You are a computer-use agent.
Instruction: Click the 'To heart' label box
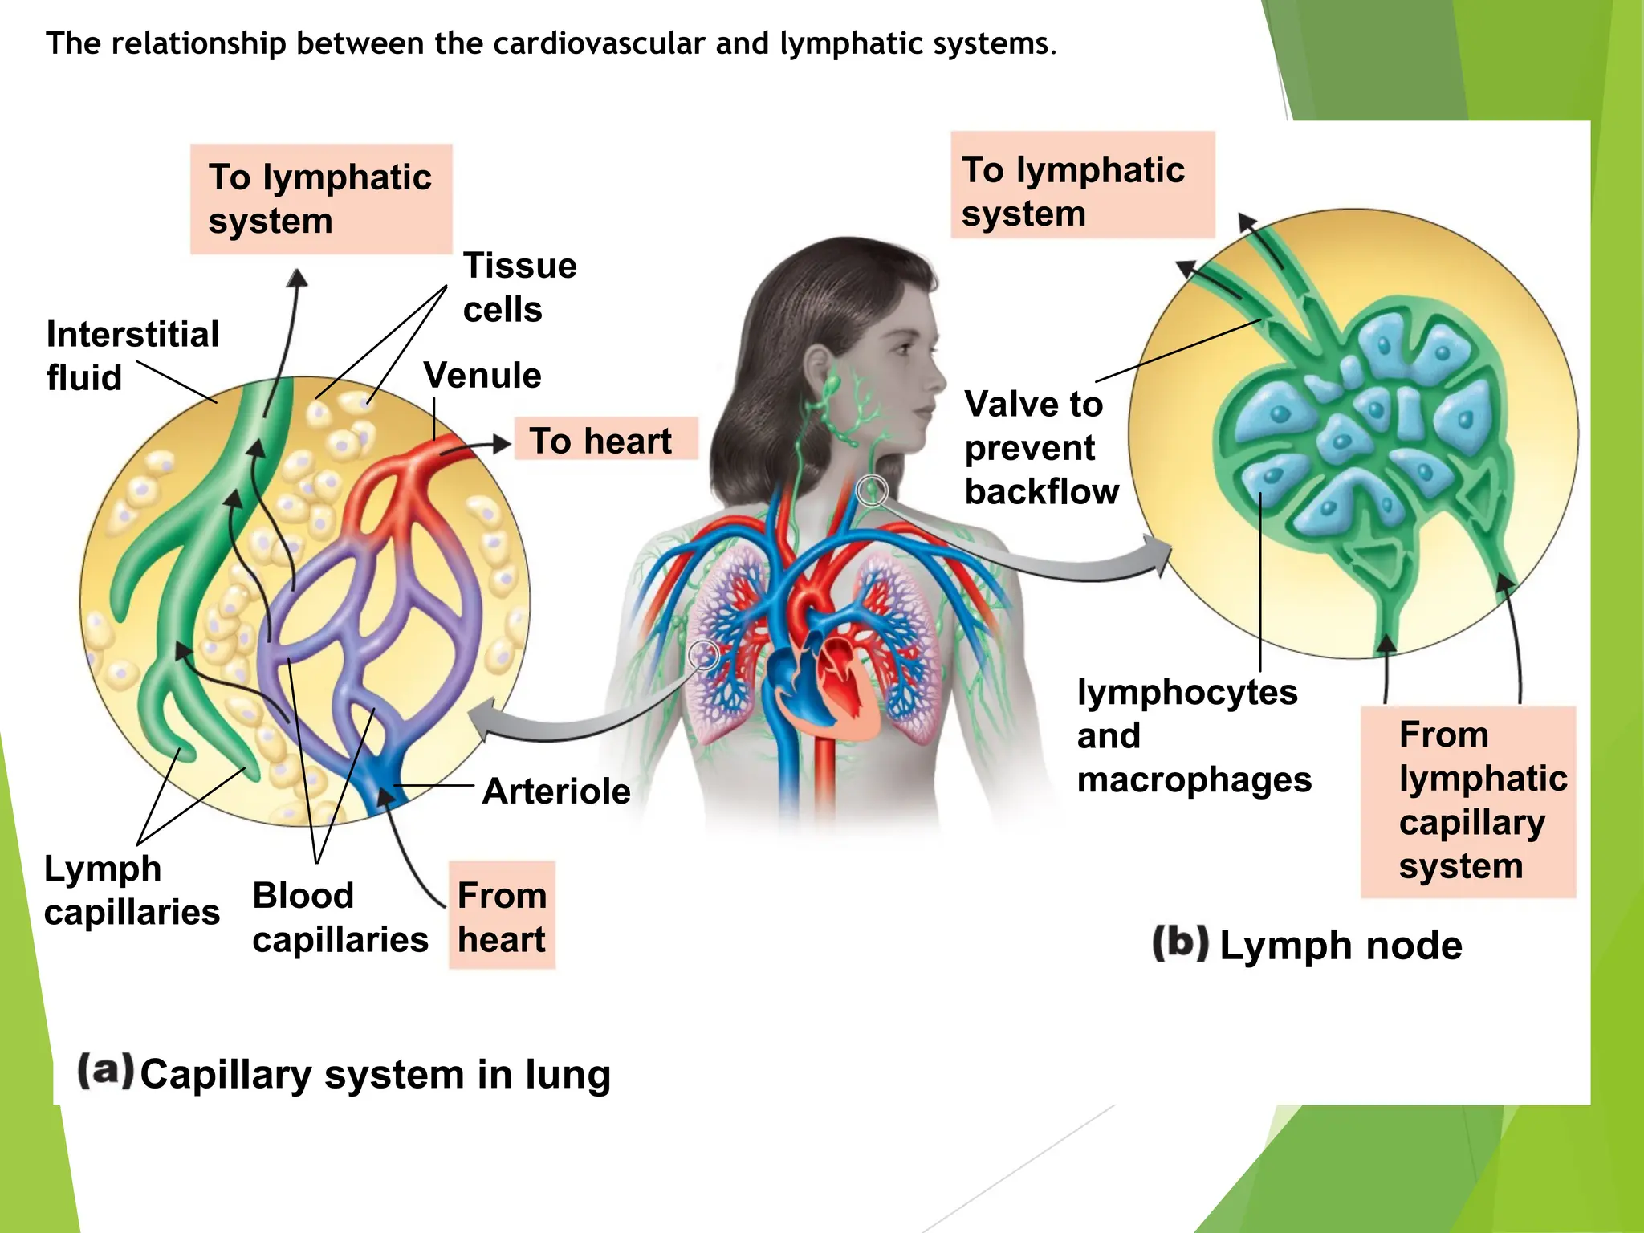605,439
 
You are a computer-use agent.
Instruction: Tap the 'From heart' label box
502,916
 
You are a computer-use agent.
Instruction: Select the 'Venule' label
482,376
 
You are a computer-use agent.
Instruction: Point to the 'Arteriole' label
556,791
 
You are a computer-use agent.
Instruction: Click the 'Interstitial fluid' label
132,356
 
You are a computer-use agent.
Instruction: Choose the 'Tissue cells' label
519,287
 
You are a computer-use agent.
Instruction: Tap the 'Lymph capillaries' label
132,890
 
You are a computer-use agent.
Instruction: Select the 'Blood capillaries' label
340,918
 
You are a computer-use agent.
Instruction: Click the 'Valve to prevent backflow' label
1041,448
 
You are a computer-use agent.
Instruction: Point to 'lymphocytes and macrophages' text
1194,735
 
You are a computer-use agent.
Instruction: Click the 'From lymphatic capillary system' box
1468,801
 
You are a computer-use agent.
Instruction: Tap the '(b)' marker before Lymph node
1180,943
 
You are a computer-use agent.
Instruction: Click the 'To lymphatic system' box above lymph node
1082,185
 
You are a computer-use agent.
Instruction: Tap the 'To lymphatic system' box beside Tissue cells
321,199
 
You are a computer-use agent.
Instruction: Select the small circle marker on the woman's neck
872,490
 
